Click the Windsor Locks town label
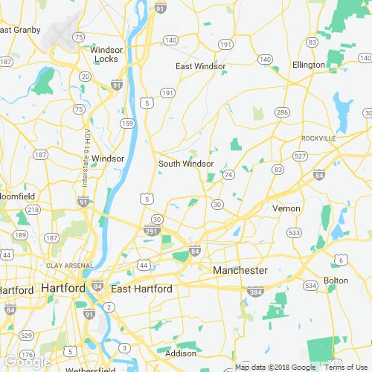[x=106, y=54]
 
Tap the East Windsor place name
[x=200, y=66]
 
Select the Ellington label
[x=308, y=65]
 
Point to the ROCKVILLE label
[x=318, y=138]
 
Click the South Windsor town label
[x=186, y=164]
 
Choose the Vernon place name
[x=286, y=208]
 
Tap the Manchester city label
[x=240, y=270]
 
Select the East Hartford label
[x=141, y=289]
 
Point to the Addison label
[x=180, y=353]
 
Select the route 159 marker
[x=128, y=123]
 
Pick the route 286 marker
[x=281, y=112]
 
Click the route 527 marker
[x=300, y=155]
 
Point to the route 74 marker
[x=228, y=174]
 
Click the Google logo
[x=27, y=362]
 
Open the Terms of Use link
[x=343, y=367]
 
